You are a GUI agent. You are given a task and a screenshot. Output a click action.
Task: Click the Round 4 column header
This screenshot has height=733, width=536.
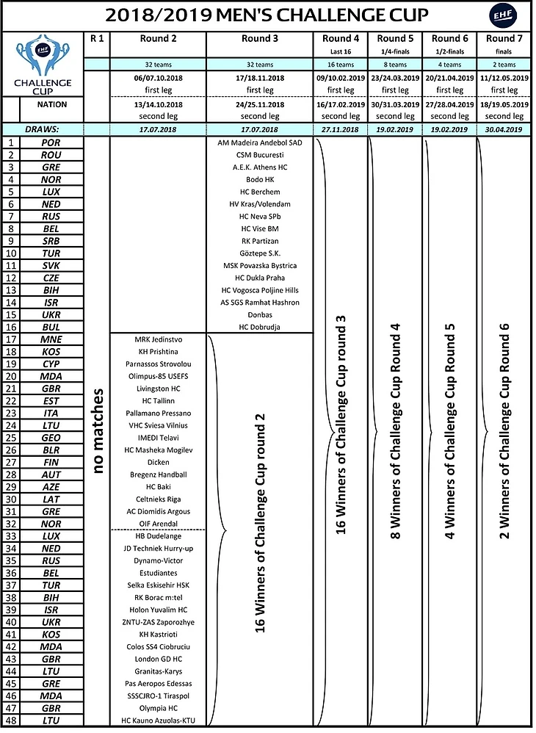341,38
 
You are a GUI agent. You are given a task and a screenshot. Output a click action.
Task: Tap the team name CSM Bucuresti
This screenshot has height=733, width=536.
260,155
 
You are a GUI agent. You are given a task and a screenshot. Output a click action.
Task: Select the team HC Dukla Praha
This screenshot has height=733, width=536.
260,278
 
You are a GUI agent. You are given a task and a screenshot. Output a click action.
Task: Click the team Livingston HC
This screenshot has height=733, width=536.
157,389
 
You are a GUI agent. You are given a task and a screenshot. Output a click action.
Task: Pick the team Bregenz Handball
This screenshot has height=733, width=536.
157,474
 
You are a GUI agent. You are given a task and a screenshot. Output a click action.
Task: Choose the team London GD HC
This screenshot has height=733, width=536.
157,659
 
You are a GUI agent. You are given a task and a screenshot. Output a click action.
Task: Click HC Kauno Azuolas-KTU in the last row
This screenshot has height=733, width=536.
157,721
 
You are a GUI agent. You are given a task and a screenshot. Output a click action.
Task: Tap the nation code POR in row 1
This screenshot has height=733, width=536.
51,142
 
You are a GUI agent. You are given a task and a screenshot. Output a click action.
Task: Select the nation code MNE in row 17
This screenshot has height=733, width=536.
51,339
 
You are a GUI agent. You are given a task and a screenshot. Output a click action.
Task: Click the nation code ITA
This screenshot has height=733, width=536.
51,413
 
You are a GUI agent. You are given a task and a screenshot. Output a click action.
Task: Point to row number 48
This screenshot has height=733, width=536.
11,721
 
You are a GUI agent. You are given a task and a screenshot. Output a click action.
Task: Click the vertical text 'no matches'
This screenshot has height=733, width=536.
98,431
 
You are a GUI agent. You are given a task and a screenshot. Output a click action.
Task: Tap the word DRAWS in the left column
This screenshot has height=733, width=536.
43,129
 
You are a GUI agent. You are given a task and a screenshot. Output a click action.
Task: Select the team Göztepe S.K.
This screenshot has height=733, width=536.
260,253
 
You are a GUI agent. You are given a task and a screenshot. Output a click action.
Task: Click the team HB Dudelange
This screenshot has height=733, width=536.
157,536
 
